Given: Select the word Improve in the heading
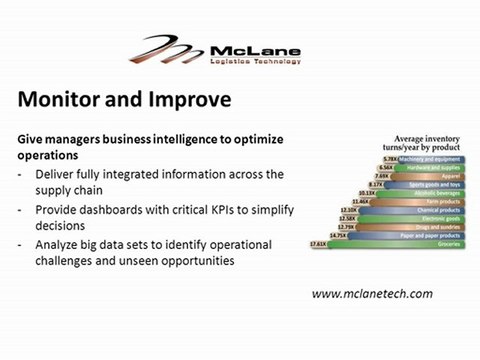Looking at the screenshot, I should coord(186,100).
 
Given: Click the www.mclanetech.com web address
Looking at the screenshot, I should coord(372,293).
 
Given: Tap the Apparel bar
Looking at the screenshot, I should coord(415,177).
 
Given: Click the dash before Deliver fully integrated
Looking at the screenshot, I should coord(22,173).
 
